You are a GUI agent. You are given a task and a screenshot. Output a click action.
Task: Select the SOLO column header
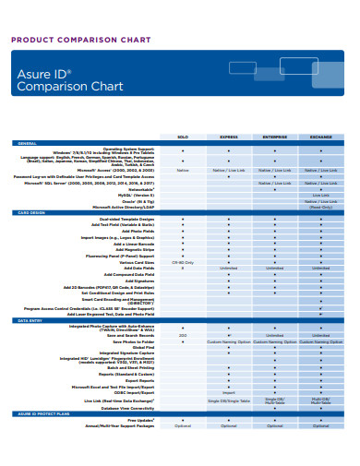(x=182, y=136)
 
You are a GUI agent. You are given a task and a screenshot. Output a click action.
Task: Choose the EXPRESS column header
(x=228, y=136)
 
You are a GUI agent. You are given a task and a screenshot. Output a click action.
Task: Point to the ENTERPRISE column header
(x=275, y=136)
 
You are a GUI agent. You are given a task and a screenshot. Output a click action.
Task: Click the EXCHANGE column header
(x=321, y=136)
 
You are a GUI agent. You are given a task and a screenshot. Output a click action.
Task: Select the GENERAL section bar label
(x=27, y=143)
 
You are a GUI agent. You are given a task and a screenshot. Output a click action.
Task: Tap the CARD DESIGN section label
(x=31, y=211)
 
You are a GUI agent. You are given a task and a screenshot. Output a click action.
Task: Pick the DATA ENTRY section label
(x=30, y=320)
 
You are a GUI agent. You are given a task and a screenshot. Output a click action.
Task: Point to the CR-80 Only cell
(x=182, y=262)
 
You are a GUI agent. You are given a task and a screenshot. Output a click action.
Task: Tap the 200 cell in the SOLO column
(x=182, y=335)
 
